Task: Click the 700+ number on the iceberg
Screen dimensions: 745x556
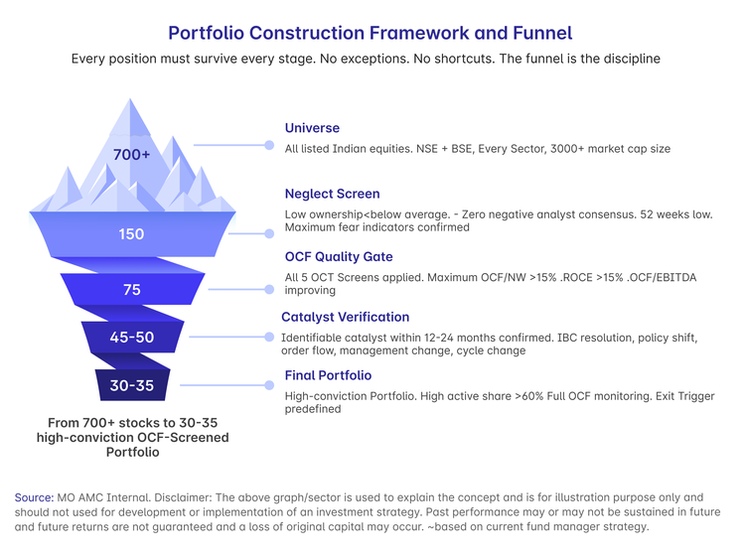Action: point(131,154)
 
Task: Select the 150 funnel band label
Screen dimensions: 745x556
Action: point(131,234)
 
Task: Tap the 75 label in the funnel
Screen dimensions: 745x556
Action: point(131,290)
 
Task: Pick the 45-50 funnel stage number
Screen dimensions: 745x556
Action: point(131,338)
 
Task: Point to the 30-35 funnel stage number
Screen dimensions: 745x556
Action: point(131,385)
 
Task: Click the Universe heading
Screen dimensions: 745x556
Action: point(312,128)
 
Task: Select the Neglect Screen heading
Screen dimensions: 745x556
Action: point(332,194)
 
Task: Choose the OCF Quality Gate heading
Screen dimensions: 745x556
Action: point(339,256)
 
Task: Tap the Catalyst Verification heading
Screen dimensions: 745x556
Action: point(345,317)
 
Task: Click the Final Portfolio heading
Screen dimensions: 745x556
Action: point(328,375)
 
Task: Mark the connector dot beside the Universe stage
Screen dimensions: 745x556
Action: point(269,145)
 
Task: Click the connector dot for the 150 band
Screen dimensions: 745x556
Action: point(269,233)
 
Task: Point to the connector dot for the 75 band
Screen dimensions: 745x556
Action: point(269,289)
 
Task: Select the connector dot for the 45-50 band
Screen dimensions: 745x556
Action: point(269,337)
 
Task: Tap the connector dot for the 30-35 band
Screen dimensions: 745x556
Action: point(269,385)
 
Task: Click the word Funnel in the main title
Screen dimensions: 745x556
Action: point(542,33)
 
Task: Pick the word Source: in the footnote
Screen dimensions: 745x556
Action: point(34,497)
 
